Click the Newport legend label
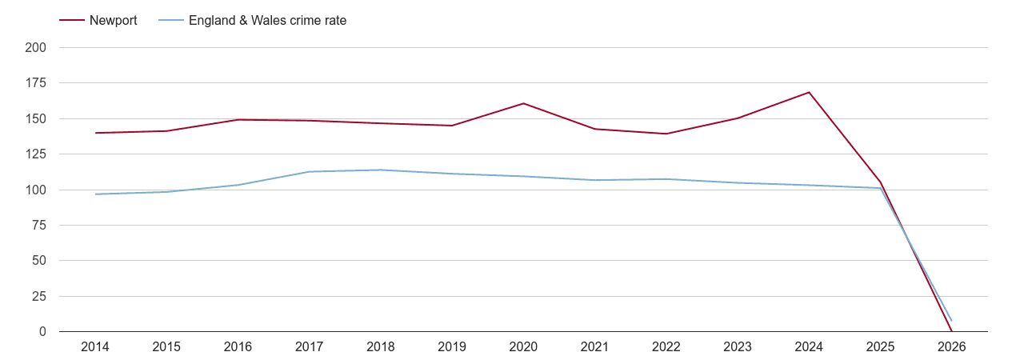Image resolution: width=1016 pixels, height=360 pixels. [113, 21]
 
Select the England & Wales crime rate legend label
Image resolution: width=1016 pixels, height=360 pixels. [267, 21]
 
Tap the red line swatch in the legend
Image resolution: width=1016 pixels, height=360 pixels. [72, 21]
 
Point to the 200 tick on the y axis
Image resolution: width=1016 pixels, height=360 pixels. [36, 48]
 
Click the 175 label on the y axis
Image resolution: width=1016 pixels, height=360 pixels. [36, 83]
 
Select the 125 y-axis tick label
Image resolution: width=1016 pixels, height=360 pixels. [36, 154]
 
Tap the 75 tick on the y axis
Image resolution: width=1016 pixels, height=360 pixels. [39, 226]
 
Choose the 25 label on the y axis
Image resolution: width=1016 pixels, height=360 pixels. [39, 297]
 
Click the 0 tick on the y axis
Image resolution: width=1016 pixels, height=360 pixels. [42, 332]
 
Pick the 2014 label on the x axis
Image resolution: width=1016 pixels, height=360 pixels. [95, 347]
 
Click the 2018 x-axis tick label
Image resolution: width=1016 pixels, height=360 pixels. [381, 347]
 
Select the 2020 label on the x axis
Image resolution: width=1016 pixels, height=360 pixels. [523, 347]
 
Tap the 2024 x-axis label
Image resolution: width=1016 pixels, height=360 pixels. [809, 347]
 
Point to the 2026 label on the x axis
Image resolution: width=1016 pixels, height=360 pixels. [951, 347]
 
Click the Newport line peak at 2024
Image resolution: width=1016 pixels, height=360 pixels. [809, 92]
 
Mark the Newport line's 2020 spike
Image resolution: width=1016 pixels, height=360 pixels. [523, 103]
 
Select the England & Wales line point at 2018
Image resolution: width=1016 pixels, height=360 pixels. [381, 170]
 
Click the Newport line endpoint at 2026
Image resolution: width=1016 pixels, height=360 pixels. [951, 330]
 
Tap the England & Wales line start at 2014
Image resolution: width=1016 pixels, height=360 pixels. [95, 194]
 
